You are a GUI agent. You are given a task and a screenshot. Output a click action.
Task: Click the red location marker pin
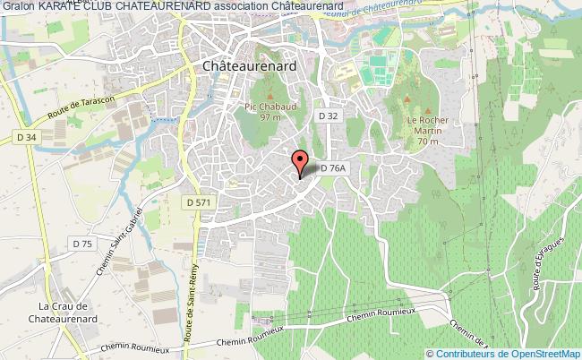click(x=301, y=163)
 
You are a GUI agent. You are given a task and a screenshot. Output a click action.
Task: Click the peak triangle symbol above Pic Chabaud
click(x=265, y=93)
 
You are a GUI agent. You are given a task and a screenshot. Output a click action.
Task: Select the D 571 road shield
click(x=198, y=203)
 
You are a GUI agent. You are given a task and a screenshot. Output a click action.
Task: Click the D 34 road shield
click(x=27, y=137)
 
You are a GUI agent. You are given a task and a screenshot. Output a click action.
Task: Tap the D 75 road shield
click(x=82, y=244)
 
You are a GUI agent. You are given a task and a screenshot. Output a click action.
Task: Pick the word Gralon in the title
click(x=18, y=7)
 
